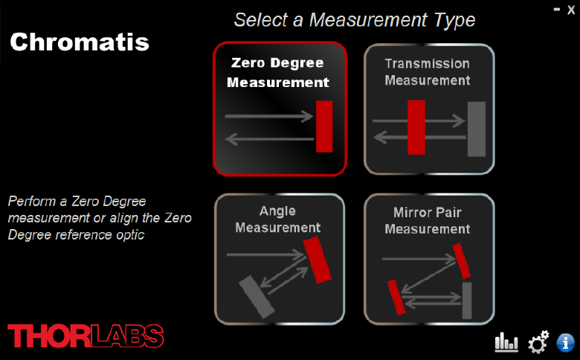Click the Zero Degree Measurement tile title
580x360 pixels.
click(278, 72)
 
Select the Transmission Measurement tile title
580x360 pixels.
click(428, 72)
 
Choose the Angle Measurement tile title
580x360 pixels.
click(278, 219)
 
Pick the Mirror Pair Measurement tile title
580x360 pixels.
click(428, 220)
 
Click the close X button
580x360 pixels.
click(571, 10)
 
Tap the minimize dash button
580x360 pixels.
click(557, 10)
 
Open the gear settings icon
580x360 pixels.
click(538, 342)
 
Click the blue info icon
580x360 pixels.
click(566, 343)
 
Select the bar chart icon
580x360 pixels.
click(506, 341)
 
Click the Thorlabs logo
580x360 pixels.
click(86, 336)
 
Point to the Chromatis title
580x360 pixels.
click(80, 42)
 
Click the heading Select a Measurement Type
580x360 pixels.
click(355, 20)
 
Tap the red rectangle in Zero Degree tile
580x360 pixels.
click(324, 126)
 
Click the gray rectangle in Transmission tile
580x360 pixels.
click(477, 129)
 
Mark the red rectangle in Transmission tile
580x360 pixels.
click(416, 128)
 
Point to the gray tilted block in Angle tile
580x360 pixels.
click(257, 297)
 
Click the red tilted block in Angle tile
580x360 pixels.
click(317, 260)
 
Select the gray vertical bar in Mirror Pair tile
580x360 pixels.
click(467, 300)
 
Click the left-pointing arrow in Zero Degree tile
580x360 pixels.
click(269, 140)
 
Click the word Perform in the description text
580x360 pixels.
click(32, 202)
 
